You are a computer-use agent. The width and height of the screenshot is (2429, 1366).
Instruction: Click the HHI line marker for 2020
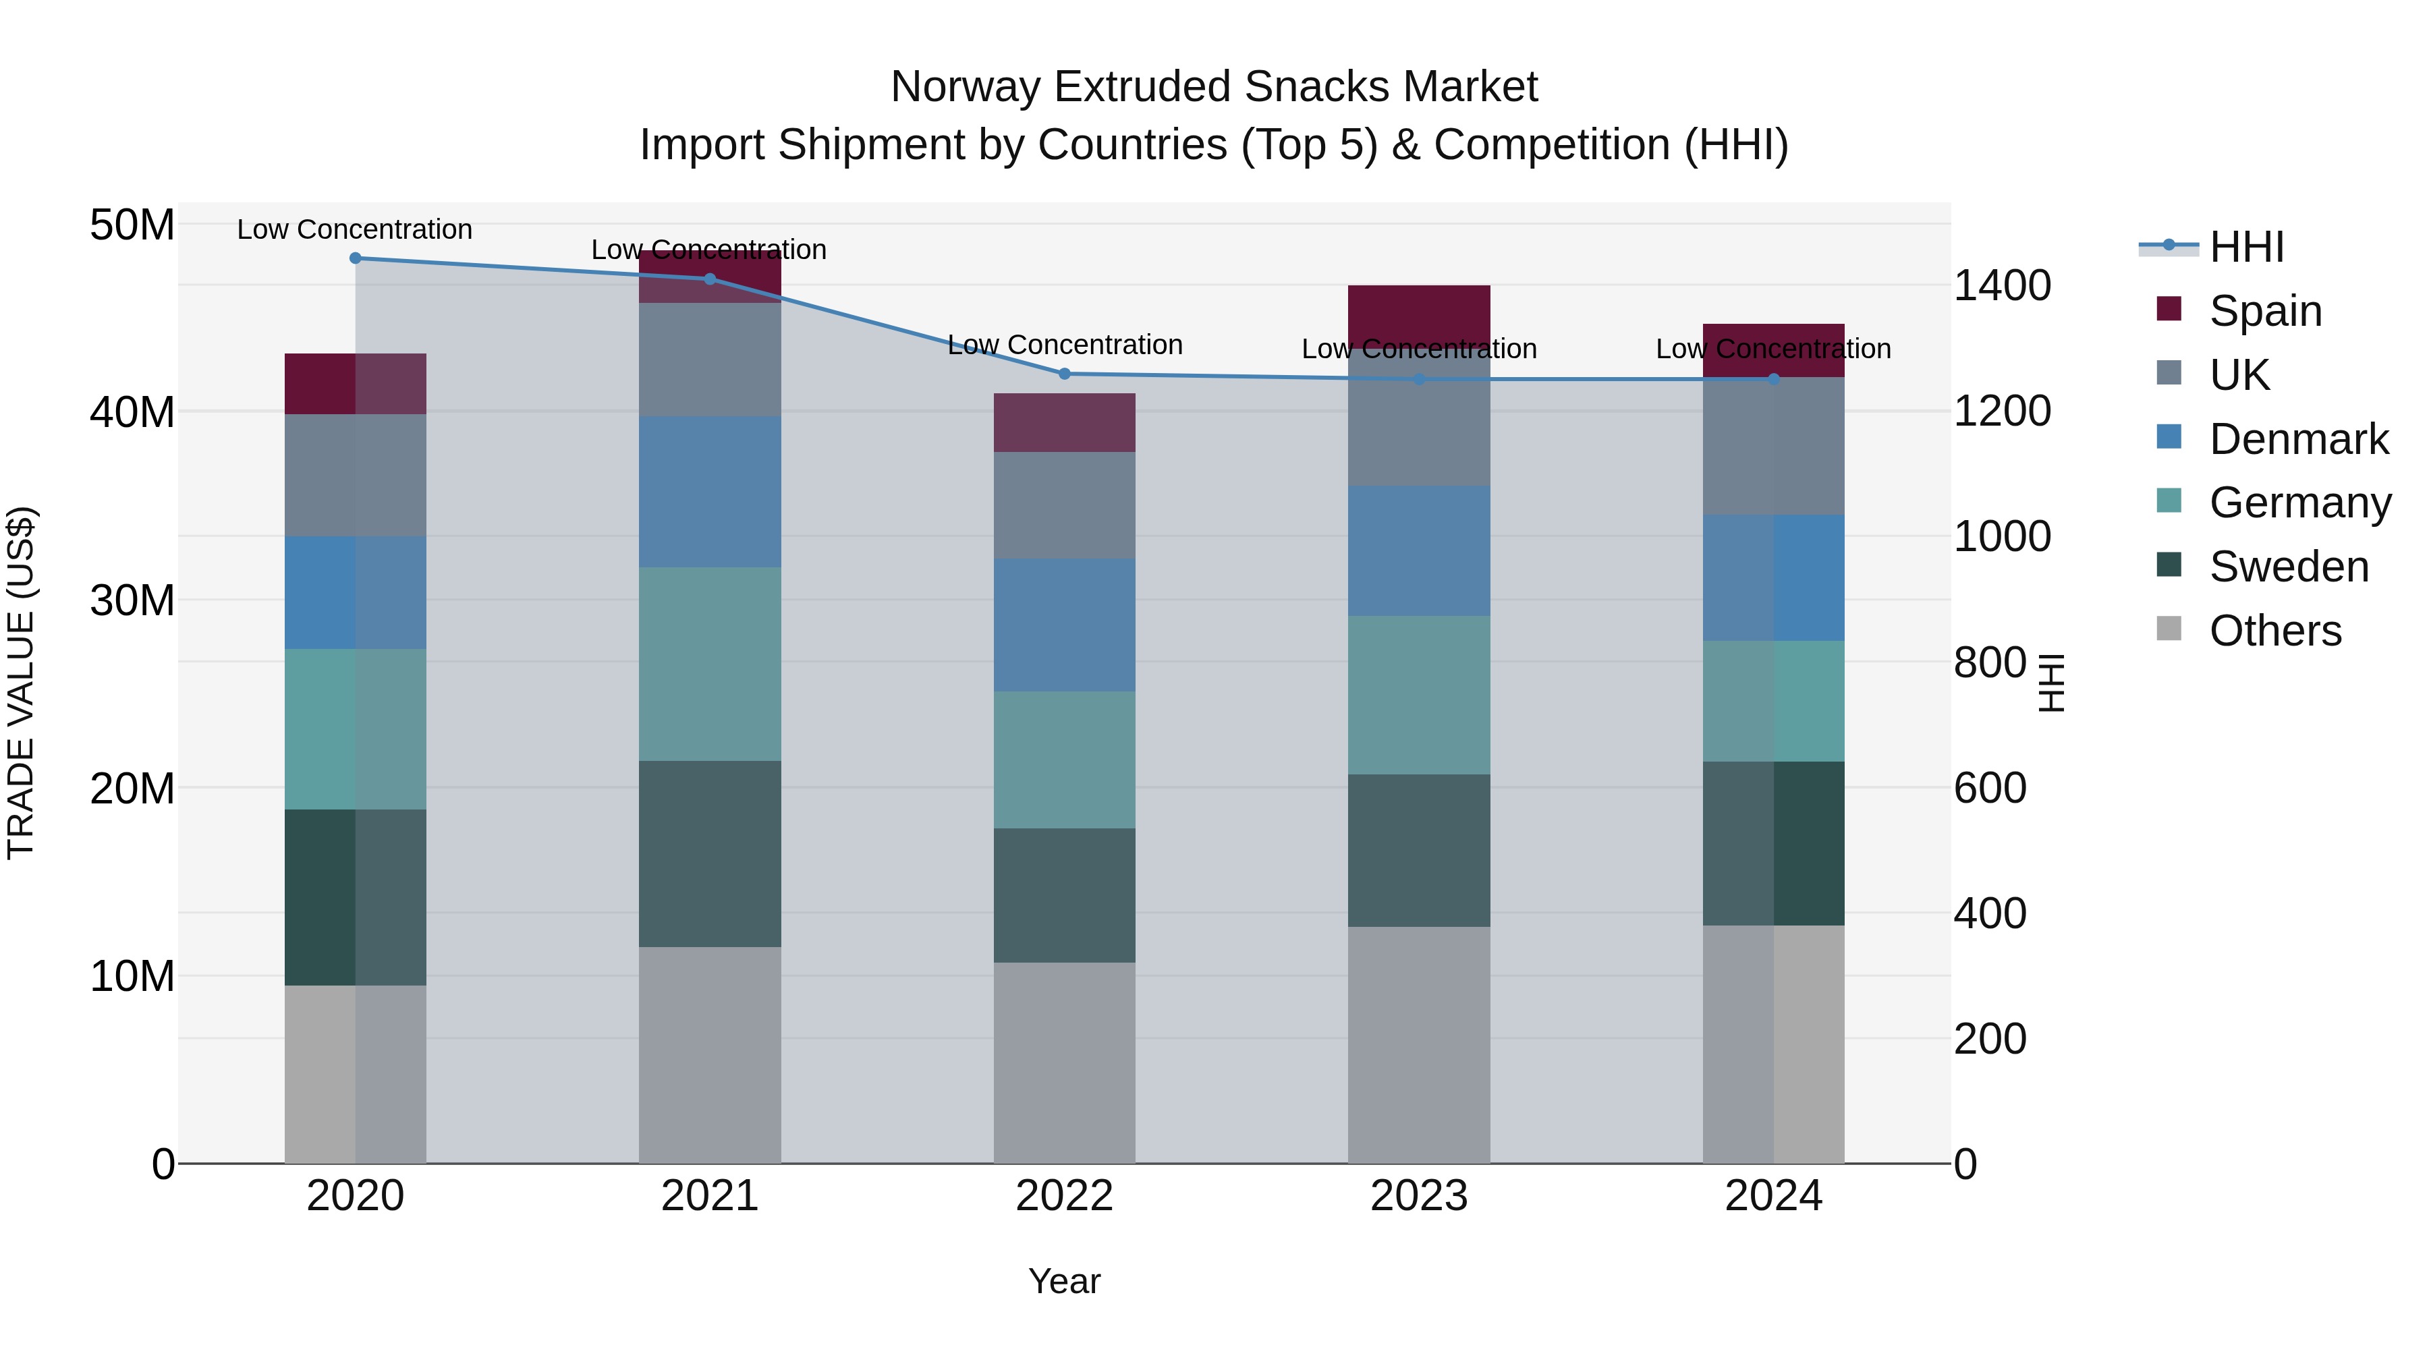pyautogui.click(x=356, y=258)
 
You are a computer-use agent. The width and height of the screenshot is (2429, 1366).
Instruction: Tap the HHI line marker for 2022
pyautogui.click(x=1065, y=374)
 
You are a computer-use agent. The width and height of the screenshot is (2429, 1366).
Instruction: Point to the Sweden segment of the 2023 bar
pyautogui.click(x=1418, y=851)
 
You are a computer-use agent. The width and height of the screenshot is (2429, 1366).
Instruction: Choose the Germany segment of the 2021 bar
pyautogui.click(x=710, y=664)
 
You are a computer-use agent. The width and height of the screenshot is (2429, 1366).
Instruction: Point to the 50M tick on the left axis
pyautogui.click(x=132, y=225)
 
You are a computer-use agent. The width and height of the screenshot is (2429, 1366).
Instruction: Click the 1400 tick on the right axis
pyautogui.click(x=2001, y=285)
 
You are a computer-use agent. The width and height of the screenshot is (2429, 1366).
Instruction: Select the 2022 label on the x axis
pyautogui.click(x=1065, y=1196)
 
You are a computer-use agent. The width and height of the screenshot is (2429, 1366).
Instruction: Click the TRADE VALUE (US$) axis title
pyautogui.click(x=21, y=683)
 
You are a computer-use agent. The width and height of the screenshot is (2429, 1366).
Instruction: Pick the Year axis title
pyautogui.click(x=1065, y=1281)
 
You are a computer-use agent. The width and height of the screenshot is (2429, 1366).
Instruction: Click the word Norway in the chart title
pyautogui.click(x=965, y=87)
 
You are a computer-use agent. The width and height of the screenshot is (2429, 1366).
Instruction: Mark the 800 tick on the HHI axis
pyautogui.click(x=1990, y=662)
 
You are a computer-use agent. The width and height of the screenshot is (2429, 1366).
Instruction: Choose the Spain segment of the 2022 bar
pyautogui.click(x=1065, y=422)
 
